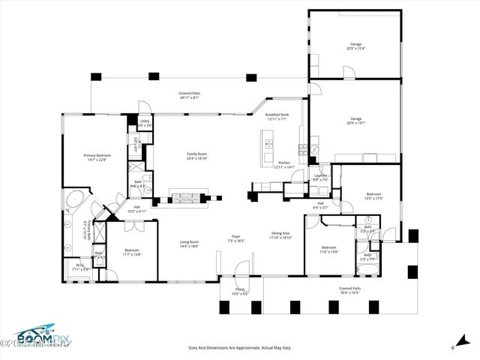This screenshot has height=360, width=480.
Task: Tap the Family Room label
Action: point(197,155)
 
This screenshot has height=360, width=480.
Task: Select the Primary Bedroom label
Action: point(97,157)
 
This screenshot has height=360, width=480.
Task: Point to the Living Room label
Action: point(189,243)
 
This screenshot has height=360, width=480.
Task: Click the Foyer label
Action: point(236,238)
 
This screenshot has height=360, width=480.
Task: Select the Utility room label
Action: point(145,122)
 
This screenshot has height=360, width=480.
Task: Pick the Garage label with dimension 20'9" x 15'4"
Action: point(355,46)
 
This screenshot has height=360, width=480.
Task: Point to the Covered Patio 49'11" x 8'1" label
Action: point(189,95)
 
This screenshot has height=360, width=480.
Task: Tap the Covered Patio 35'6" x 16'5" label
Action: point(349,289)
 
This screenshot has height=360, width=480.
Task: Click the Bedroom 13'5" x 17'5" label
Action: point(373,196)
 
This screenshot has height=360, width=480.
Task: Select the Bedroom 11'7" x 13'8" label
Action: point(131,251)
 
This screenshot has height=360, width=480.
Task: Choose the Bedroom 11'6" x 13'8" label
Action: point(328,249)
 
